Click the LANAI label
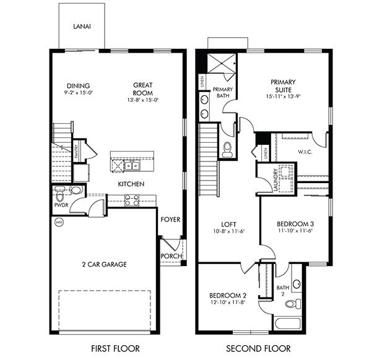[83, 27]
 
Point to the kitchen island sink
[131, 165]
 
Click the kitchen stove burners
[132, 200]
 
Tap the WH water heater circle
[59, 222]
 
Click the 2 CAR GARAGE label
[103, 265]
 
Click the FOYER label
[170, 219]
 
